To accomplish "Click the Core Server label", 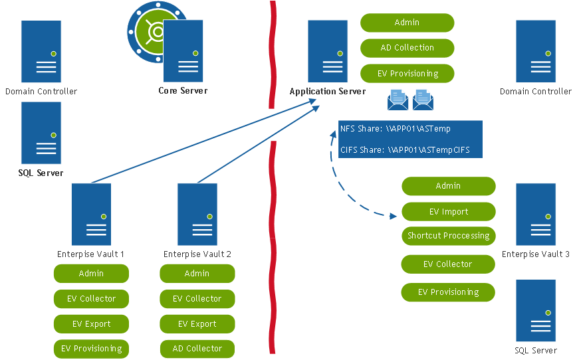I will click(183, 91).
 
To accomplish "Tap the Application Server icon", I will click(328, 51).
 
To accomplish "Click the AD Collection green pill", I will click(407, 48).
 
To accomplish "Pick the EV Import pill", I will click(448, 212).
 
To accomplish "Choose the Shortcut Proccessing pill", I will click(448, 236).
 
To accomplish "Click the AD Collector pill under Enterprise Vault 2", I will click(197, 349).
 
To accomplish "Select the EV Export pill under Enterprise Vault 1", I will click(91, 324).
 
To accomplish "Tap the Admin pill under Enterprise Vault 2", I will click(197, 274).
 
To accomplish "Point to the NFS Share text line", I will click(395, 129).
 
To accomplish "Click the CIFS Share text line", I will click(404, 150).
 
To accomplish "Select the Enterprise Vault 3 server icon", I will click(536, 214).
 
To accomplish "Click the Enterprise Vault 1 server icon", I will click(91, 214).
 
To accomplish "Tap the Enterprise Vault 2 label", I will click(197, 254).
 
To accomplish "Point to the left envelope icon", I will click(398, 100).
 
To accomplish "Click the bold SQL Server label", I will click(41, 173).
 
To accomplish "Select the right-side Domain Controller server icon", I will click(536, 51).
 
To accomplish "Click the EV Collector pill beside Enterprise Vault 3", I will click(448, 264).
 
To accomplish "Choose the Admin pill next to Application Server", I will click(407, 23).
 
